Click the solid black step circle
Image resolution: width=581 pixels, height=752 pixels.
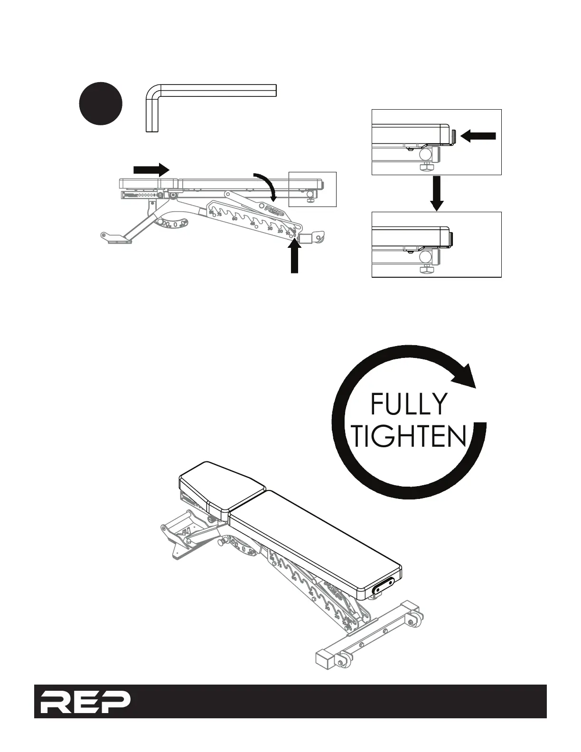100,104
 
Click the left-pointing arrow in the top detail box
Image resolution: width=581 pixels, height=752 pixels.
478,137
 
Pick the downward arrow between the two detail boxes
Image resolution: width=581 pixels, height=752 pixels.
437,193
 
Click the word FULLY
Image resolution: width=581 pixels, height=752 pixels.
408,404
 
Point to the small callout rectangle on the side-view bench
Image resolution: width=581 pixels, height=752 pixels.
313,189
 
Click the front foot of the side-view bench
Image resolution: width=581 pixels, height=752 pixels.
116,237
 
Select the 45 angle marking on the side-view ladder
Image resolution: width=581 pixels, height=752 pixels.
253,223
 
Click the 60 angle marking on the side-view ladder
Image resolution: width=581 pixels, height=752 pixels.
234,218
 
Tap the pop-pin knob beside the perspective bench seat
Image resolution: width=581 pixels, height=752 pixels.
221,542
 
